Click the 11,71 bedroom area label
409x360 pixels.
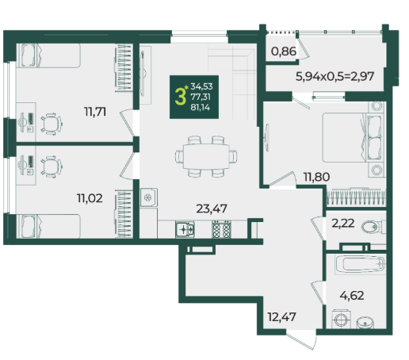95,112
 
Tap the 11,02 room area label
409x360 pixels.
90,198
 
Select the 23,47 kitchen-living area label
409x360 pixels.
212,209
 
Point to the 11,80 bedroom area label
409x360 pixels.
316,177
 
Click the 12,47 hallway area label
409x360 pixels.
281,316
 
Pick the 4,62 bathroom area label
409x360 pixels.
352,295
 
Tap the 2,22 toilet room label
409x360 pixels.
343,224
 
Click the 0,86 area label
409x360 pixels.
284,52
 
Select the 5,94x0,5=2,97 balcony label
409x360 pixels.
334,76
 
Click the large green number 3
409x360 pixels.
181,97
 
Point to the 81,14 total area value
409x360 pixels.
201,107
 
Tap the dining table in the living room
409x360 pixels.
206,156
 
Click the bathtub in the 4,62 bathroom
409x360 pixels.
361,264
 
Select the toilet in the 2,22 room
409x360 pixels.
373,227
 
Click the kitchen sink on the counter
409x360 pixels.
185,229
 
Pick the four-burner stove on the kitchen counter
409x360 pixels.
221,229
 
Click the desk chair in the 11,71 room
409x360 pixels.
52,124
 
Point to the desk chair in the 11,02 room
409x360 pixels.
52,167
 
